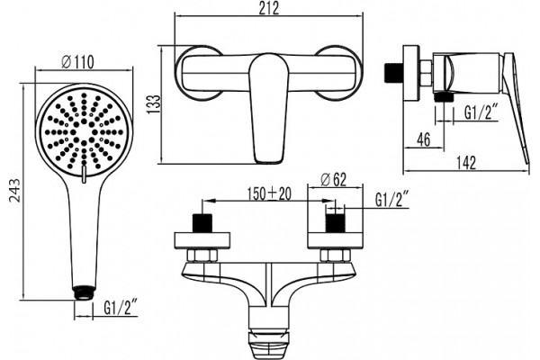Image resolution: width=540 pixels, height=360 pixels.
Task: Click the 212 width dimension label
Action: point(269,8)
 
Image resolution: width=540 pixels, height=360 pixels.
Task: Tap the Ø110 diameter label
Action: point(77,62)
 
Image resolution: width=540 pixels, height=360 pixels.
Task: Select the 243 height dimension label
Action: point(14,190)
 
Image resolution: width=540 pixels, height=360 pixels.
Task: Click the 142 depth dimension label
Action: point(466,163)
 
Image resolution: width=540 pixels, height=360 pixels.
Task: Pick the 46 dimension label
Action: point(424,139)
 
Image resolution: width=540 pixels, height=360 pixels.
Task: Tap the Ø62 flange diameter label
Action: point(333,180)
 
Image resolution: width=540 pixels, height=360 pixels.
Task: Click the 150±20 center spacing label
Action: point(269,194)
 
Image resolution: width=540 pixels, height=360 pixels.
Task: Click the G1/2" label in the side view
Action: point(481,112)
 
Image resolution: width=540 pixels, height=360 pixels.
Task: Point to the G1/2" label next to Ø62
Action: point(391,200)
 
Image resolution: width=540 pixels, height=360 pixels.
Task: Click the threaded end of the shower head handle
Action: point(83,292)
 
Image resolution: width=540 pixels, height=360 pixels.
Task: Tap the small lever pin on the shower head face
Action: point(83,174)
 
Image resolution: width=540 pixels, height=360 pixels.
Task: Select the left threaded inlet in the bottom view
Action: point(202,223)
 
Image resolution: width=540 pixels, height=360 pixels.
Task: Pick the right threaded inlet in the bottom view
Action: point(335,223)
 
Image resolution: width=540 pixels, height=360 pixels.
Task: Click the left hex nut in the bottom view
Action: point(202,256)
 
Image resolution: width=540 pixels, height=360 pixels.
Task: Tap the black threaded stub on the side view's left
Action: point(393,74)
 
